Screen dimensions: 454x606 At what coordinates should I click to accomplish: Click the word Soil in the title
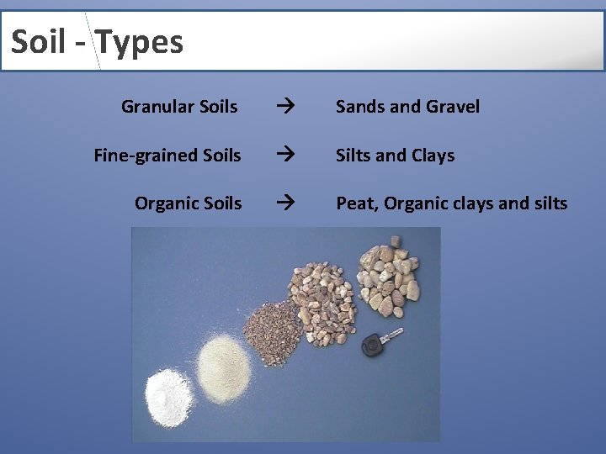point(39,41)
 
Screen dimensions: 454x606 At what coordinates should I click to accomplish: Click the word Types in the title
point(140,41)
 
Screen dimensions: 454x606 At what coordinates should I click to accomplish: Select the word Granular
point(157,107)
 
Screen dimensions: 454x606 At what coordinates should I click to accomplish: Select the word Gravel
point(452,107)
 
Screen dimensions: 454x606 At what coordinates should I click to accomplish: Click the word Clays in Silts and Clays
point(433,156)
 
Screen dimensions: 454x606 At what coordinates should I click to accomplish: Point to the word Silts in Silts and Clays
point(355,156)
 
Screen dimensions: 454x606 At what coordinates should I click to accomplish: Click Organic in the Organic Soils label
point(166,203)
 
